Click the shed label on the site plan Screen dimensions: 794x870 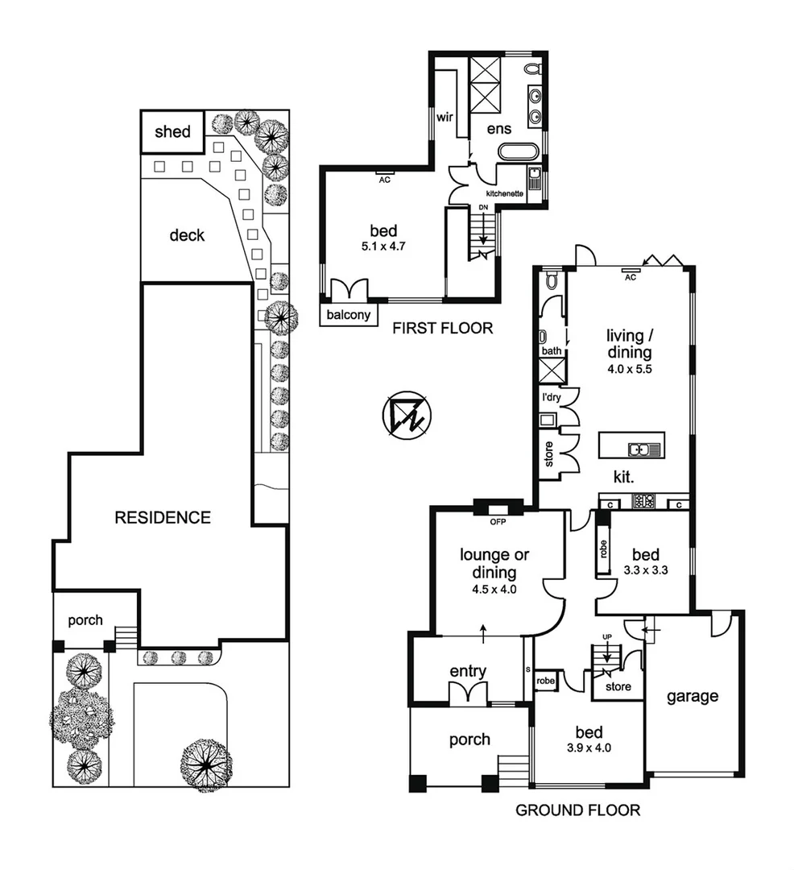(172, 131)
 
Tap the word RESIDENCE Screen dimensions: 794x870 (163, 517)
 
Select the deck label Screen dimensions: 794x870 (187, 235)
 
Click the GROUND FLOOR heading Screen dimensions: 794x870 (577, 810)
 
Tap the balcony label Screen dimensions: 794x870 (349, 315)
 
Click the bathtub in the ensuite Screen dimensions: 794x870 (517, 151)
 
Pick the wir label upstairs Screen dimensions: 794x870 (445, 117)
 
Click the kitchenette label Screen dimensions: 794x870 (505, 194)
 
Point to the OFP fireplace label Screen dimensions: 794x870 (497, 521)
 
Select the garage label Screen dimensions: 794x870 (692, 697)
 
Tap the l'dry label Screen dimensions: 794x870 (551, 398)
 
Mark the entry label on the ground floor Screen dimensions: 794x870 (468, 671)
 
